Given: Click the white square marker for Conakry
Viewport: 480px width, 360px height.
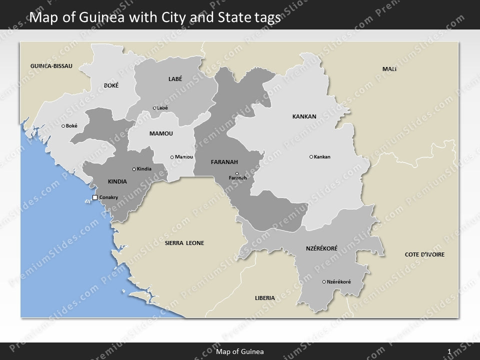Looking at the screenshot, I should pyautogui.click(x=95, y=198).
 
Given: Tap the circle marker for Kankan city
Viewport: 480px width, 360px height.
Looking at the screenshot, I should pyautogui.click(x=311, y=157).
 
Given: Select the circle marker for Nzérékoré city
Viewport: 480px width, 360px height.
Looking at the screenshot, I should pyautogui.click(x=324, y=282).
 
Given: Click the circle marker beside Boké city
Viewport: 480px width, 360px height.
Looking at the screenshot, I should pyautogui.click(x=63, y=126).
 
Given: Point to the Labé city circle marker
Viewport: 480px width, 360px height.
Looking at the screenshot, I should pyautogui.click(x=154, y=108).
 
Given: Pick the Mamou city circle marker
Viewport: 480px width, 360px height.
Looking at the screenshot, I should pyautogui.click(x=172, y=157).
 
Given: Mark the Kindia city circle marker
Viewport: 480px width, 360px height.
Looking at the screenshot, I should pyautogui.click(x=134, y=169).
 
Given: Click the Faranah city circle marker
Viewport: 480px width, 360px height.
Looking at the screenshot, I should pyautogui.click(x=237, y=173).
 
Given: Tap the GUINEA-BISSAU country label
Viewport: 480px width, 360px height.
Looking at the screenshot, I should pyautogui.click(x=51, y=66).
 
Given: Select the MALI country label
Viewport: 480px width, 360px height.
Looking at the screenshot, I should pyautogui.click(x=389, y=69).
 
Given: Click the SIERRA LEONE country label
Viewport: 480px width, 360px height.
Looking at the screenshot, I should pyautogui.click(x=184, y=243).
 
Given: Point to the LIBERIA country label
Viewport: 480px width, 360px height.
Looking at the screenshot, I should pyautogui.click(x=264, y=298).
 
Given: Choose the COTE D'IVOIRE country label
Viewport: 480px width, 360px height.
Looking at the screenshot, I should pyautogui.click(x=424, y=254).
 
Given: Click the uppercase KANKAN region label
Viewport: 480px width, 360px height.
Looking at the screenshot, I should pyautogui.click(x=304, y=116).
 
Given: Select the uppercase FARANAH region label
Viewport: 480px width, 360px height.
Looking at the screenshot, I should pyautogui.click(x=224, y=162).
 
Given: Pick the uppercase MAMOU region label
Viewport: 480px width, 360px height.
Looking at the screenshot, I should pyautogui.click(x=161, y=134).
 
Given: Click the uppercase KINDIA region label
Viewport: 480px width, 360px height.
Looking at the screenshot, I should pyautogui.click(x=117, y=181).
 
